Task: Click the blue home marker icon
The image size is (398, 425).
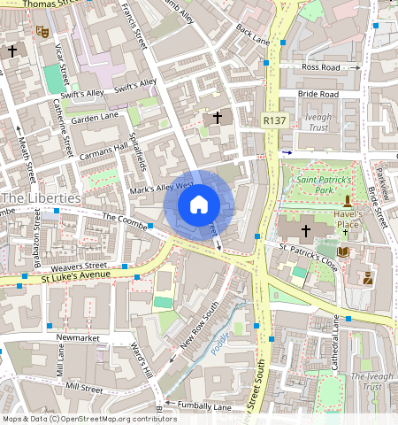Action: [199, 205]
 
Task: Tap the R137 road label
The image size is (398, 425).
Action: [274, 120]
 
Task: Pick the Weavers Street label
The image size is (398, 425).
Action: [79, 266]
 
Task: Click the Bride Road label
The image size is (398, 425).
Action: [318, 94]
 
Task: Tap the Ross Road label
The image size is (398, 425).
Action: [320, 66]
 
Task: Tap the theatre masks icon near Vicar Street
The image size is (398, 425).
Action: [41, 31]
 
